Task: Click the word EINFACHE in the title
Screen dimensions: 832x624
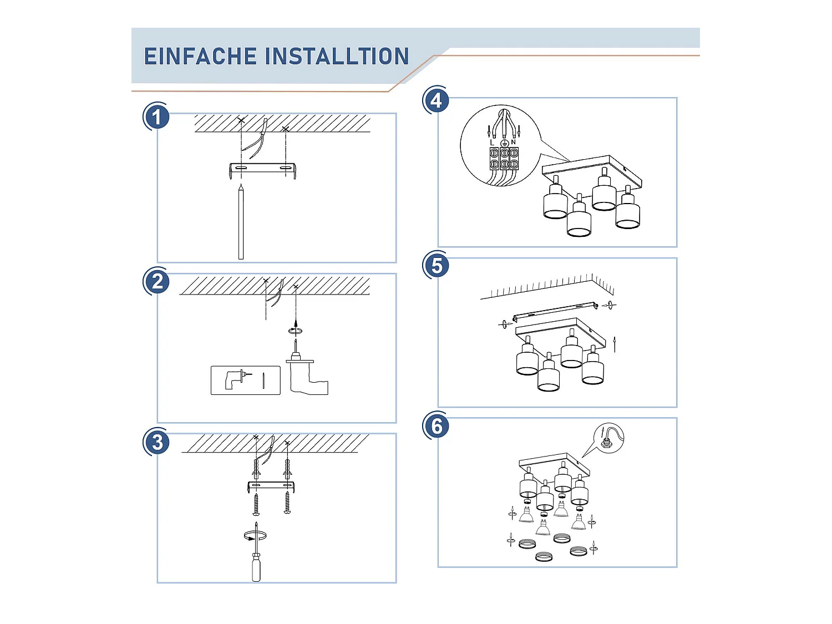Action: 200,56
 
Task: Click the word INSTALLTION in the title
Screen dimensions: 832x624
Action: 337,56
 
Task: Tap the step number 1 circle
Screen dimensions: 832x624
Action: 156,116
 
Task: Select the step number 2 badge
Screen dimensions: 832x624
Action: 156,282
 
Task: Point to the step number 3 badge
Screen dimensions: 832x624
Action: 156,443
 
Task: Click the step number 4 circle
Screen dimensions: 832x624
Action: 437,101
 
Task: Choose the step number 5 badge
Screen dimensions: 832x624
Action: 437,266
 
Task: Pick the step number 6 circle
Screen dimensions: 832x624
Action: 437,425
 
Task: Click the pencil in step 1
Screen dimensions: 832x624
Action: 241,222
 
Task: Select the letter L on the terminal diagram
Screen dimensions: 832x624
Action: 492,143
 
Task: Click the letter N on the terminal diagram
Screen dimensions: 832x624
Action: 513,142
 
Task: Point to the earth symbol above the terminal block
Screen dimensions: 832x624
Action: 504,143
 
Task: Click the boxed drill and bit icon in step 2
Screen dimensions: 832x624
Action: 246,380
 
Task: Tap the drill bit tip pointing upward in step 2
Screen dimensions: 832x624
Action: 296,341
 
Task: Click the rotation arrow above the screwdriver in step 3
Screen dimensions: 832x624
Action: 255,536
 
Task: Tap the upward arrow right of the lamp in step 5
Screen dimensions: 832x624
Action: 615,344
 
